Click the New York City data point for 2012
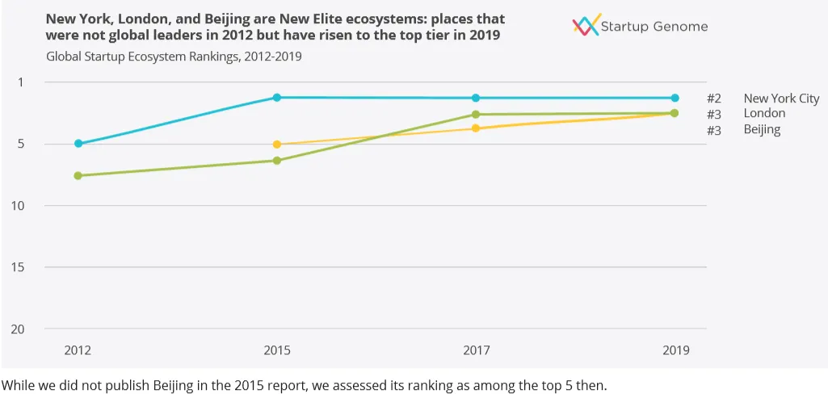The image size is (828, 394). [x=78, y=144]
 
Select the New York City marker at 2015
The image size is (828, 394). [x=277, y=98]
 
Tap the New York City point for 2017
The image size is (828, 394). [x=476, y=98]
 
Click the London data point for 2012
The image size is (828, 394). [x=78, y=175]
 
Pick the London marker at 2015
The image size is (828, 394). [x=277, y=161]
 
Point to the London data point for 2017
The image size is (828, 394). [x=476, y=115]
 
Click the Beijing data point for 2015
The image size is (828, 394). [x=277, y=145]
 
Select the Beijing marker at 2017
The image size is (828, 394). [x=476, y=128]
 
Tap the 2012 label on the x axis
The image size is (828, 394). [x=78, y=350]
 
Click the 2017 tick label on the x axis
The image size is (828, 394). [x=476, y=350]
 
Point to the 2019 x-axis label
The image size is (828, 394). [x=675, y=350]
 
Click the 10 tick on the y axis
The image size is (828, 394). [x=16, y=205]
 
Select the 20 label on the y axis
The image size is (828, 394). [x=16, y=329]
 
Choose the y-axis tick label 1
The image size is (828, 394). [x=20, y=82]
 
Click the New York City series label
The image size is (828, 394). [x=781, y=98]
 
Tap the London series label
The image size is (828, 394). [x=764, y=114]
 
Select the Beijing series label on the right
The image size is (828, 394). [x=762, y=129]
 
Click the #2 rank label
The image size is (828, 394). [x=714, y=98]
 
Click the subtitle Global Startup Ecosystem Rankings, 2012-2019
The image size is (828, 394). [x=174, y=57]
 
